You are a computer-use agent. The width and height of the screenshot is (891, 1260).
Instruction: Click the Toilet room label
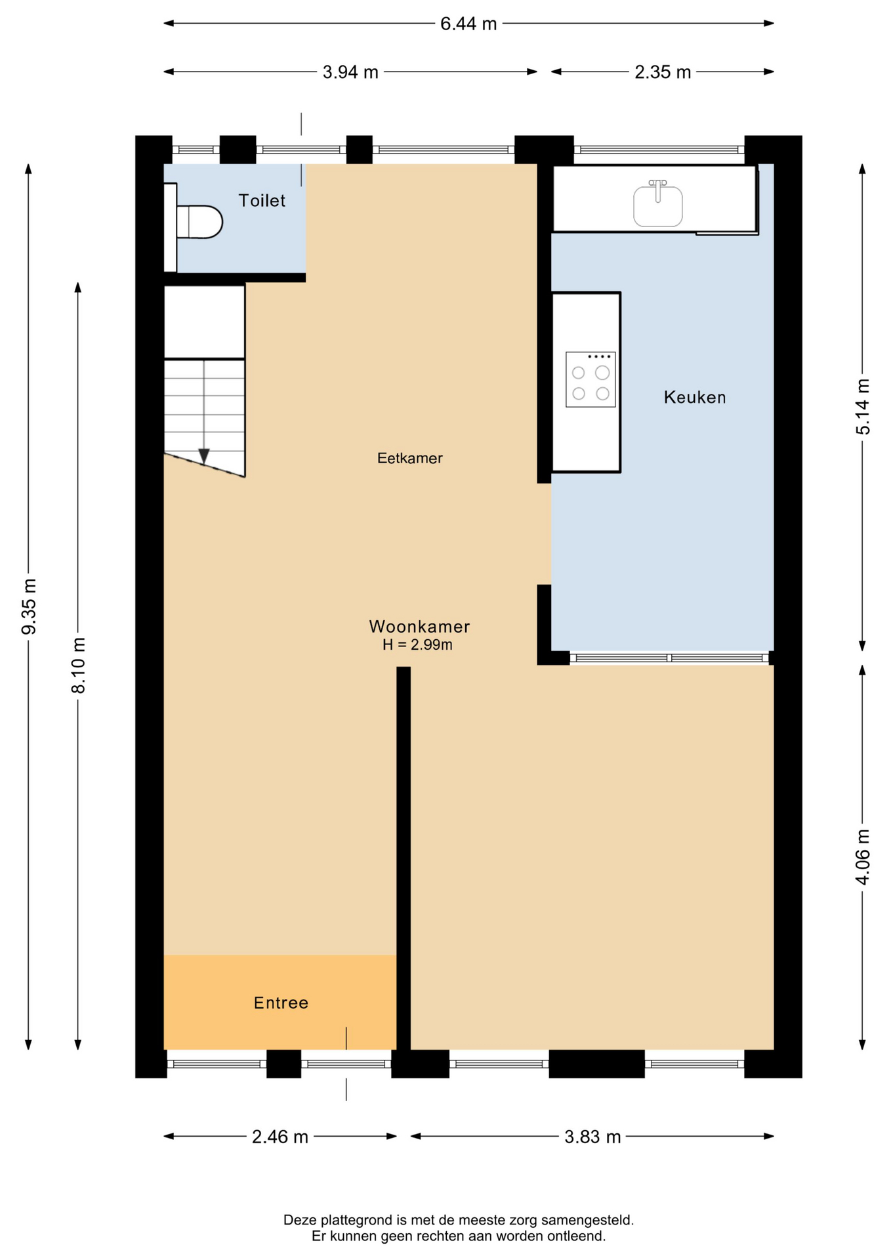tap(262, 201)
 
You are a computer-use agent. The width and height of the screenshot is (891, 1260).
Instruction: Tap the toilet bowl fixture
tap(199, 222)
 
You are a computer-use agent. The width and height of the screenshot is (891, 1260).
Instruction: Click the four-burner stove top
tap(591, 379)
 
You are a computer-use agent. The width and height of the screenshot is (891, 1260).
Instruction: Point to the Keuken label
tap(695, 397)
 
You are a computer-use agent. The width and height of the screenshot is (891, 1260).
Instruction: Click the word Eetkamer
tap(410, 458)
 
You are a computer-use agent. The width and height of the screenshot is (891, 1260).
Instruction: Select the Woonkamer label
tap(420, 627)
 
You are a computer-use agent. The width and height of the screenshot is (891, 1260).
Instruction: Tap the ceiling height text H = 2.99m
tap(418, 645)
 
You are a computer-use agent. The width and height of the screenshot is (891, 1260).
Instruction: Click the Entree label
tap(281, 1003)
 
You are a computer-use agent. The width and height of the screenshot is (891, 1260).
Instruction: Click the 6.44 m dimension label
tap(468, 24)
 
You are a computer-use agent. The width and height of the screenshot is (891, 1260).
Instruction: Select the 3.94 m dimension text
tap(350, 72)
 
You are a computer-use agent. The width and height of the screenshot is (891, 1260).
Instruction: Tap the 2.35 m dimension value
tap(663, 72)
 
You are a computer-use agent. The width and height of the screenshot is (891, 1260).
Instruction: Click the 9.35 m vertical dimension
tap(29, 607)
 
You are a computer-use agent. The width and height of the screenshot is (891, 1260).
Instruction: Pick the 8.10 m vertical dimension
tap(78, 665)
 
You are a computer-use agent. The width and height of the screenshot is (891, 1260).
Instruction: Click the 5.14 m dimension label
tap(863, 407)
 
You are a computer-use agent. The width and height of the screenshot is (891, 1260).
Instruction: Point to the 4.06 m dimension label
tap(863, 857)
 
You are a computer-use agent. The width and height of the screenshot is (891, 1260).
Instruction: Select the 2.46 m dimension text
tap(280, 1137)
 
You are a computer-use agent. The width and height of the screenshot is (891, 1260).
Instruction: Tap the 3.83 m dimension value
tap(592, 1137)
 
